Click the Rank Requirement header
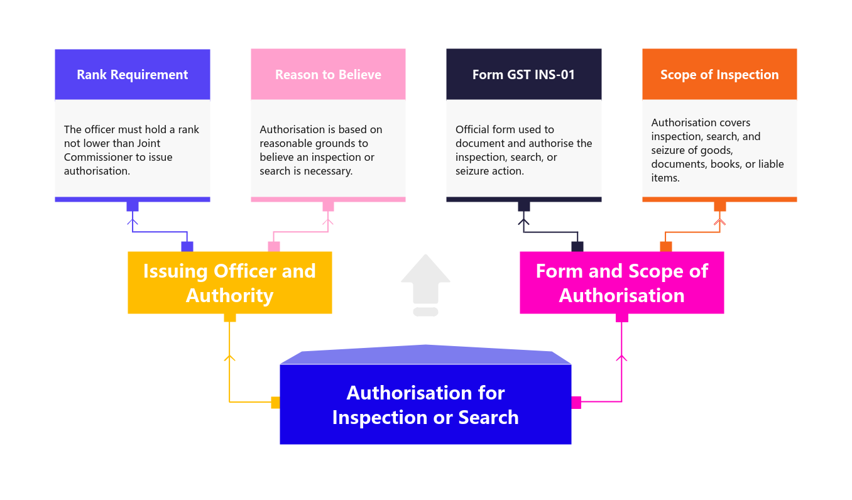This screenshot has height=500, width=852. click(x=132, y=75)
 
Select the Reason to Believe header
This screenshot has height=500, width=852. click(x=328, y=75)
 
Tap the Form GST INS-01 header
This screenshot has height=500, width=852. click(x=523, y=75)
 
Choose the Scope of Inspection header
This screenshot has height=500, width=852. click(x=719, y=75)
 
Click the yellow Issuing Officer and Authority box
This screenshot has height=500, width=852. click(x=229, y=283)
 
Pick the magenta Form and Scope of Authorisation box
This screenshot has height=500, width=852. click(x=621, y=283)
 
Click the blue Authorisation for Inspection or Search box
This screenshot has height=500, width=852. click(x=425, y=405)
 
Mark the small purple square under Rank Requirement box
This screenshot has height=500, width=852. click(x=133, y=206)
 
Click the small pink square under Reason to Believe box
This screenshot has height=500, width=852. click(x=328, y=206)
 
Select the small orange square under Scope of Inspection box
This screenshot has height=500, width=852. click(x=719, y=206)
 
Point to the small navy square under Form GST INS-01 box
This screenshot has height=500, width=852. click(x=523, y=206)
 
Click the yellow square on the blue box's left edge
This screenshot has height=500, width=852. click(x=275, y=403)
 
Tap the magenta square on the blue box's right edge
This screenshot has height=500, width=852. click(x=576, y=403)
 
